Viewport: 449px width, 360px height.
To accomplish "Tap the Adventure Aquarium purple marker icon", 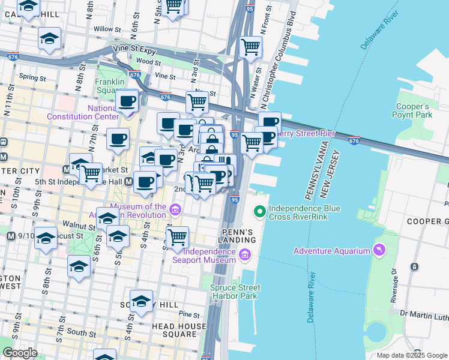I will click(379, 250).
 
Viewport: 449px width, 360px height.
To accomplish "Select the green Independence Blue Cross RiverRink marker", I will click(259, 211).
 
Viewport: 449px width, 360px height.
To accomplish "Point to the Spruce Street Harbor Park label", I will click(236, 292).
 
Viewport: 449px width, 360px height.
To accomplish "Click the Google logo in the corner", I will click(20, 353).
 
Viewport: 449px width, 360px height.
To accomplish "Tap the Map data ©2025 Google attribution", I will click(411, 355).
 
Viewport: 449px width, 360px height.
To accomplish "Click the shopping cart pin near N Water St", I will click(250, 46).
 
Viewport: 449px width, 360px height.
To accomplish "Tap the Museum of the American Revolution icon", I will click(175, 209).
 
